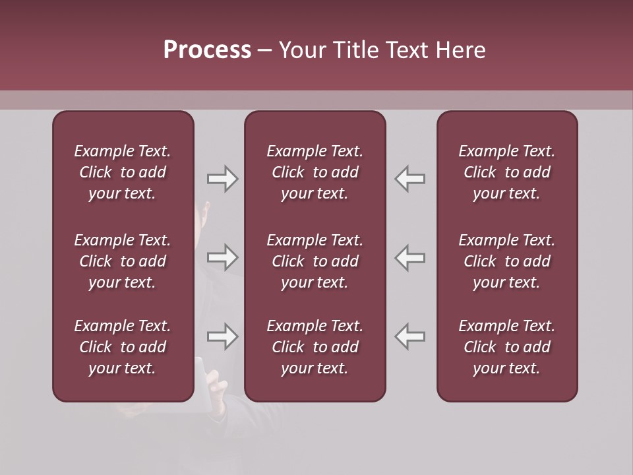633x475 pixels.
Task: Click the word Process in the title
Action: click(207, 50)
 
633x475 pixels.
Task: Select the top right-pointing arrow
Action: click(222, 179)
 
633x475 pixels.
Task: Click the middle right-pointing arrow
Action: click(222, 257)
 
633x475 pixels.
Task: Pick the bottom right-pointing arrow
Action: click(222, 336)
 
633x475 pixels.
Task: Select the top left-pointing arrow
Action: click(410, 179)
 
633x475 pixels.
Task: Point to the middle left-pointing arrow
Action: click(410, 257)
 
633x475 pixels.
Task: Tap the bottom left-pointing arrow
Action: click(410, 336)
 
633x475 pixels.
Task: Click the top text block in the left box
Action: click(123, 172)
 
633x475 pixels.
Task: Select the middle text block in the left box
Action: click(123, 261)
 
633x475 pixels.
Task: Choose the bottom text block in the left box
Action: click(123, 347)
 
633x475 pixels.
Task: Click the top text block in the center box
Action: click(315, 172)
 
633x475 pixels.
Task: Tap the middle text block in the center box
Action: click(315, 261)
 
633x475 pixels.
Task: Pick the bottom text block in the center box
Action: click(315, 347)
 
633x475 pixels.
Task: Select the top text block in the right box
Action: click(506, 172)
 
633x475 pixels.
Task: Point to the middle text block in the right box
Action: click(506, 261)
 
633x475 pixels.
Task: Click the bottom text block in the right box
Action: click(506, 347)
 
